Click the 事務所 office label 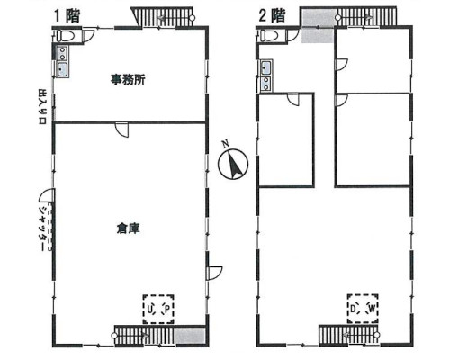pos(128,80)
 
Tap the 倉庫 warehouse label pos(128,228)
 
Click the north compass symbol pos(234,164)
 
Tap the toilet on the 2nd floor pos(268,37)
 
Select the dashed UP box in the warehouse pos(159,309)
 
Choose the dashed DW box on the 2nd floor pos(364,309)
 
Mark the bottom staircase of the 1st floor pos(144,336)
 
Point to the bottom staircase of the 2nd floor pos(349,336)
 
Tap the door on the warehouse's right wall pos(214,273)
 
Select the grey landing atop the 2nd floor pos(318,27)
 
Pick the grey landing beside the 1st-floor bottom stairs pos(189,336)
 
